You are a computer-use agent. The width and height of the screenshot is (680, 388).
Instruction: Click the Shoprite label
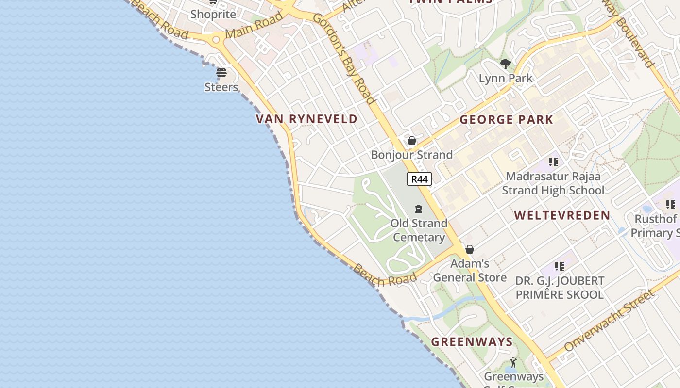point(213,14)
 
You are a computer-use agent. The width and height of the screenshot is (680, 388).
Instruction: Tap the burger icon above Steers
point(221,73)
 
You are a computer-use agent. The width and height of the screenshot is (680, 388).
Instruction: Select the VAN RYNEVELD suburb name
point(306,119)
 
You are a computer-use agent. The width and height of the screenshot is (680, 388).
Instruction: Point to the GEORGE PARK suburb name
point(506,120)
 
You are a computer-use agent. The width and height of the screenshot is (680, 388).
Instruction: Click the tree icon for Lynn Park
point(505,64)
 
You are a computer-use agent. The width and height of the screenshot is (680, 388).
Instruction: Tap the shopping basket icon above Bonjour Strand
point(412,141)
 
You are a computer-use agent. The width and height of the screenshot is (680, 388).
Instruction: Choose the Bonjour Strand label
point(411,155)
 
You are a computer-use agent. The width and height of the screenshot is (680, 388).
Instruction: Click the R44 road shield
point(419,179)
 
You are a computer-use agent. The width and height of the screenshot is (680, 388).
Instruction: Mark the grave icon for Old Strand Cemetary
point(419,209)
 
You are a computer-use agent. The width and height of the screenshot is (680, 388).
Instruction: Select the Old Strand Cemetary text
point(419,230)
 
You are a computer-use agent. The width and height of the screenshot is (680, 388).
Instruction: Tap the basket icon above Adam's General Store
point(470,249)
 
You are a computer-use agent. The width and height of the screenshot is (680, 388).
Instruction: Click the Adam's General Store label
point(470,271)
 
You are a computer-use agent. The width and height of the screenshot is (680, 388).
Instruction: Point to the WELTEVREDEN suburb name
point(562,216)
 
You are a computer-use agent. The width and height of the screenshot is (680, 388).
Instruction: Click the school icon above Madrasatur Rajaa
point(553,162)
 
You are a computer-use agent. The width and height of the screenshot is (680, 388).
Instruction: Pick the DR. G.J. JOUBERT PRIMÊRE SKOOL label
point(560,288)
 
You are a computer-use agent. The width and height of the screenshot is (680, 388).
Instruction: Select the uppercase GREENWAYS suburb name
point(472,342)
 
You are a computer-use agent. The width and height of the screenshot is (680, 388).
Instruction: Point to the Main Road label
point(254,26)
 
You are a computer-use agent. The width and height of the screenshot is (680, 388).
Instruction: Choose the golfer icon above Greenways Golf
point(513,362)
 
